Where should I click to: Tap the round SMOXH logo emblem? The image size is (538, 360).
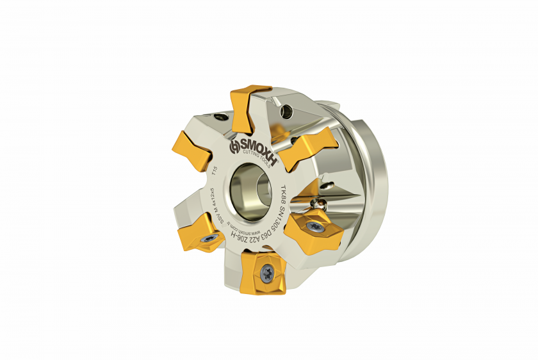[235, 146]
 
